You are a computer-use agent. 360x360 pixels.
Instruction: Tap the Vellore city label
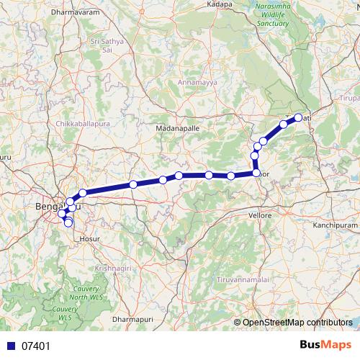pos(259,215)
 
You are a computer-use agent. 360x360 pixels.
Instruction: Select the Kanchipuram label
pos(335,225)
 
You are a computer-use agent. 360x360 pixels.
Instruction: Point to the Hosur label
pos(91,236)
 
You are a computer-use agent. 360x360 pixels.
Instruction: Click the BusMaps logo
pos(325,345)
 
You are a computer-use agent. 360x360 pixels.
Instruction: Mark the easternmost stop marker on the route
pos(297,117)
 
